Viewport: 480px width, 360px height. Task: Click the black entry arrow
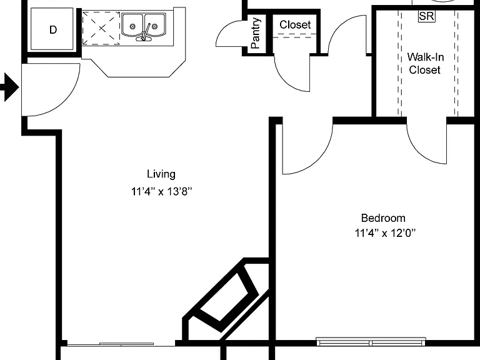pyautogui.click(x=10, y=87)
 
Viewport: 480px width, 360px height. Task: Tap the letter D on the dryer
pyautogui.click(x=53, y=30)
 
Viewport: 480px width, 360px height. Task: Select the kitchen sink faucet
pyautogui.click(x=145, y=34)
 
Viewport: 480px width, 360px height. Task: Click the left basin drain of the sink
pyautogui.click(x=132, y=26)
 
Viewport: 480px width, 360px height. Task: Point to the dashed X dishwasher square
pyautogui.click(x=101, y=29)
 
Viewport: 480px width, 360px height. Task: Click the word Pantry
pyautogui.click(x=256, y=33)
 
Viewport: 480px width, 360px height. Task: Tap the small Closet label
pyautogui.click(x=295, y=24)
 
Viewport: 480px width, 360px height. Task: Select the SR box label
pyautogui.click(x=426, y=16)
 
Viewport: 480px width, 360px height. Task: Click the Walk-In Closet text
pyautogui.click(x=425, y=63)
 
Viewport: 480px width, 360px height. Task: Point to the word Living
pyautogui.click(x=161, y=174)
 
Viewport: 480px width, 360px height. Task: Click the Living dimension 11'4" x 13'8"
pyautogui.click(x=162, y=192)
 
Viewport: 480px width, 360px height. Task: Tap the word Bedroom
pyautogui.click(x=383, y=218)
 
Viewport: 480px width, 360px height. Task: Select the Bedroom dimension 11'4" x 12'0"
pyautogui.click(x=385, y=233)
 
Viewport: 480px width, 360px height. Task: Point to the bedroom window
pyautogui.click(x=371, y=341)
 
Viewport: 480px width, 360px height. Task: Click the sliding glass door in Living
pyautogui.click(x=121, y=344)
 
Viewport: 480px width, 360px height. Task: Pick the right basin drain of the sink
pyautogui.click(x=154, y=26)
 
